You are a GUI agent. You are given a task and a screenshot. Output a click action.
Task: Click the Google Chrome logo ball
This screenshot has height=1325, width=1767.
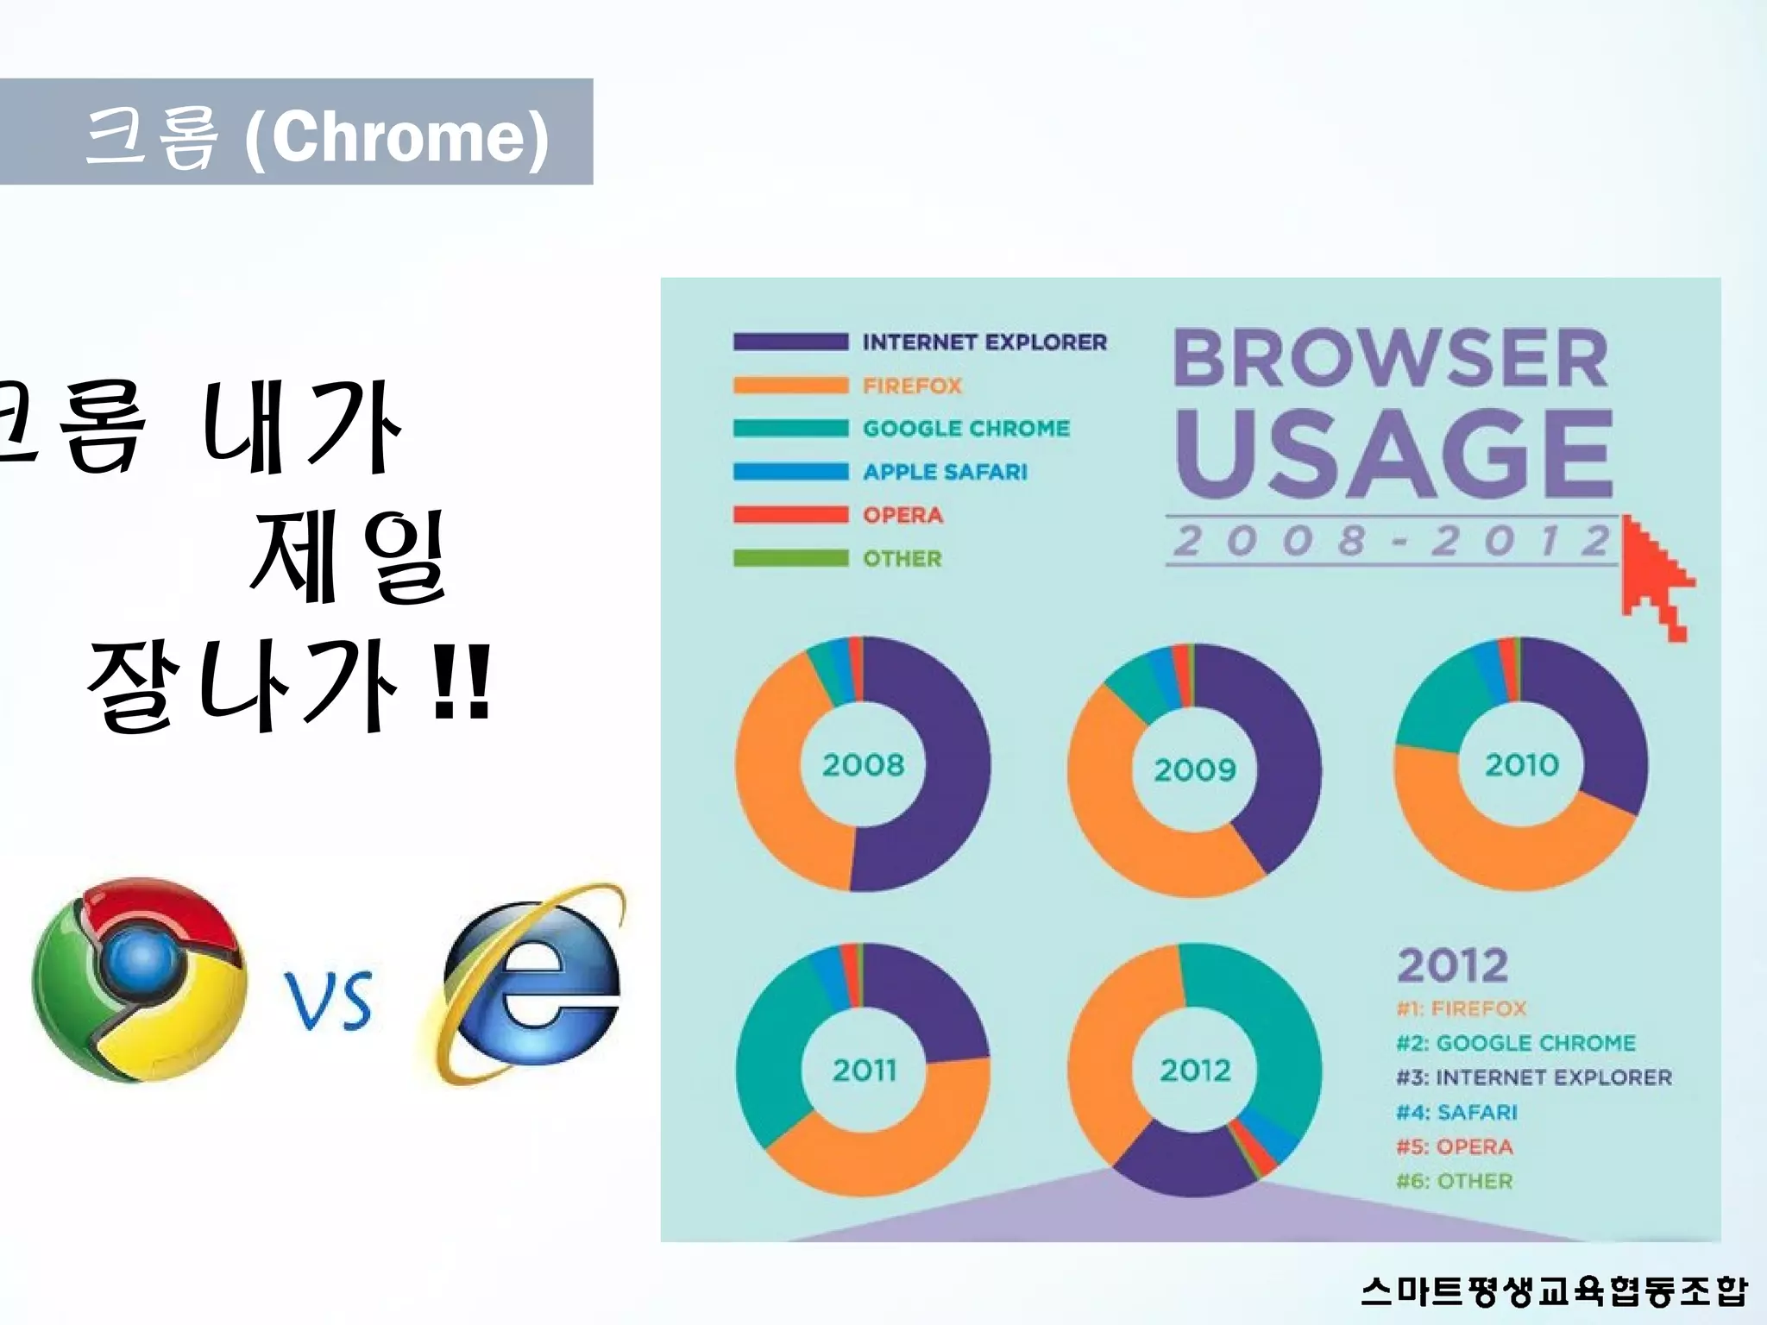[138, 979]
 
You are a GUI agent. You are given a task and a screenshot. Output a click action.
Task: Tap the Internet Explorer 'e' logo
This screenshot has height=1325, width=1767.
[531, 983]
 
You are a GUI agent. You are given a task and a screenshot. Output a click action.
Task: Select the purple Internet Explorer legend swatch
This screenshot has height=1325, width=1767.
[790, 342]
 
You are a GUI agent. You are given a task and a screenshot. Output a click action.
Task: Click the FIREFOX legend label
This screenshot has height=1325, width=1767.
[912, 386]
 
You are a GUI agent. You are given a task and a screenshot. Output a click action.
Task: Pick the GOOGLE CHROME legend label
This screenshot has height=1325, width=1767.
[966, 429]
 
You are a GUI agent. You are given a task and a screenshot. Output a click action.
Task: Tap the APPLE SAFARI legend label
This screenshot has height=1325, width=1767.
[945, 472]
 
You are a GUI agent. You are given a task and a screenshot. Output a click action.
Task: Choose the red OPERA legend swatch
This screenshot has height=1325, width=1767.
[790, 515]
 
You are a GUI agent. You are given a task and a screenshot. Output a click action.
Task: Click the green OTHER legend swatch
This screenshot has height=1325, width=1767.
[790, 558]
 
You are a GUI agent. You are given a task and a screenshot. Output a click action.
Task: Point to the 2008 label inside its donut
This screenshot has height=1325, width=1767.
[863, 764]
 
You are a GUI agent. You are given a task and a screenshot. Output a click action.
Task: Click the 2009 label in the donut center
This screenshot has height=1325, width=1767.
[1195, 769]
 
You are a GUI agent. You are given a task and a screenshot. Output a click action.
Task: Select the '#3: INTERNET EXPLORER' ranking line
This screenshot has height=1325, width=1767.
[1534, 1077]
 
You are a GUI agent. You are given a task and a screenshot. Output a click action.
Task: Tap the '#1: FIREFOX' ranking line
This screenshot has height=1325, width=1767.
[1462, 1008]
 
